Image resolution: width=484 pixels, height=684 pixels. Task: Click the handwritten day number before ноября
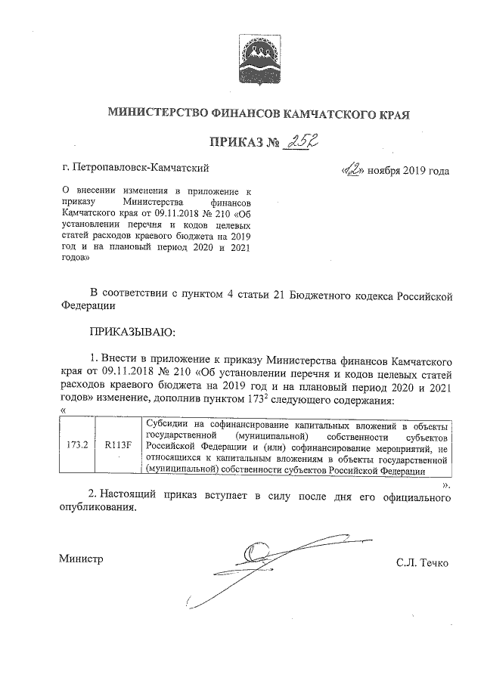click(x=352, y=169)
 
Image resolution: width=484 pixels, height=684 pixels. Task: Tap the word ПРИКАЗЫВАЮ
click(x=132, y=331)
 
